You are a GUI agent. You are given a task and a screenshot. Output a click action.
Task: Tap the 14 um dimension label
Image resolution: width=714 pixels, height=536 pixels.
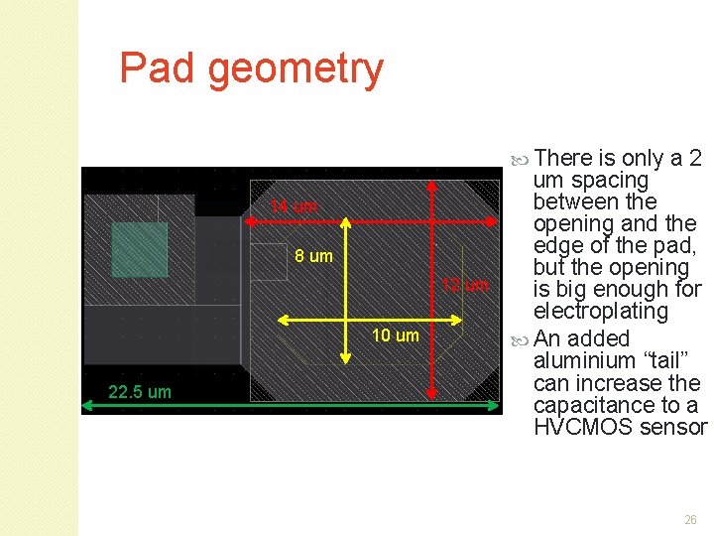click(x=294, y=206)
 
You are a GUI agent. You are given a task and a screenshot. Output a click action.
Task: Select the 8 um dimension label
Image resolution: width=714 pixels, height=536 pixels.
click(x=313, y=256)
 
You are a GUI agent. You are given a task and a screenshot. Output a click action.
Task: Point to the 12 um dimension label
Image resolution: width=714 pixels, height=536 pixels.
click(x=464, y=285)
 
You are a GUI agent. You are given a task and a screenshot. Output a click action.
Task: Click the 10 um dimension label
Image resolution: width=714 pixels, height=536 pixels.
click(x=395, y=335)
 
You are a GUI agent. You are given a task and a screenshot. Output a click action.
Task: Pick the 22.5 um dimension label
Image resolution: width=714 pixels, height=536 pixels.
click(x=139, y=392)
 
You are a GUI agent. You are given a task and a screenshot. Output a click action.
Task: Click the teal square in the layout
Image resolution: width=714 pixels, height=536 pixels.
click(x=139, y=249)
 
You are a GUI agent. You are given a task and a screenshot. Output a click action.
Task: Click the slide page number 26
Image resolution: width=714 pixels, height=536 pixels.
click(x=690, y=519)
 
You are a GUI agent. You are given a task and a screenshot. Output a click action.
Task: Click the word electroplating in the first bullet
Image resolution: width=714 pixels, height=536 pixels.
click(x=601, y=312)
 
